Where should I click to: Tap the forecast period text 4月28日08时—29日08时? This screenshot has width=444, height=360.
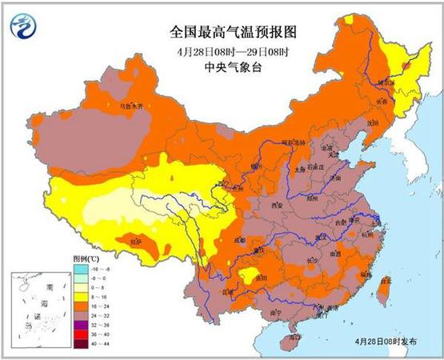click(222, 52)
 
